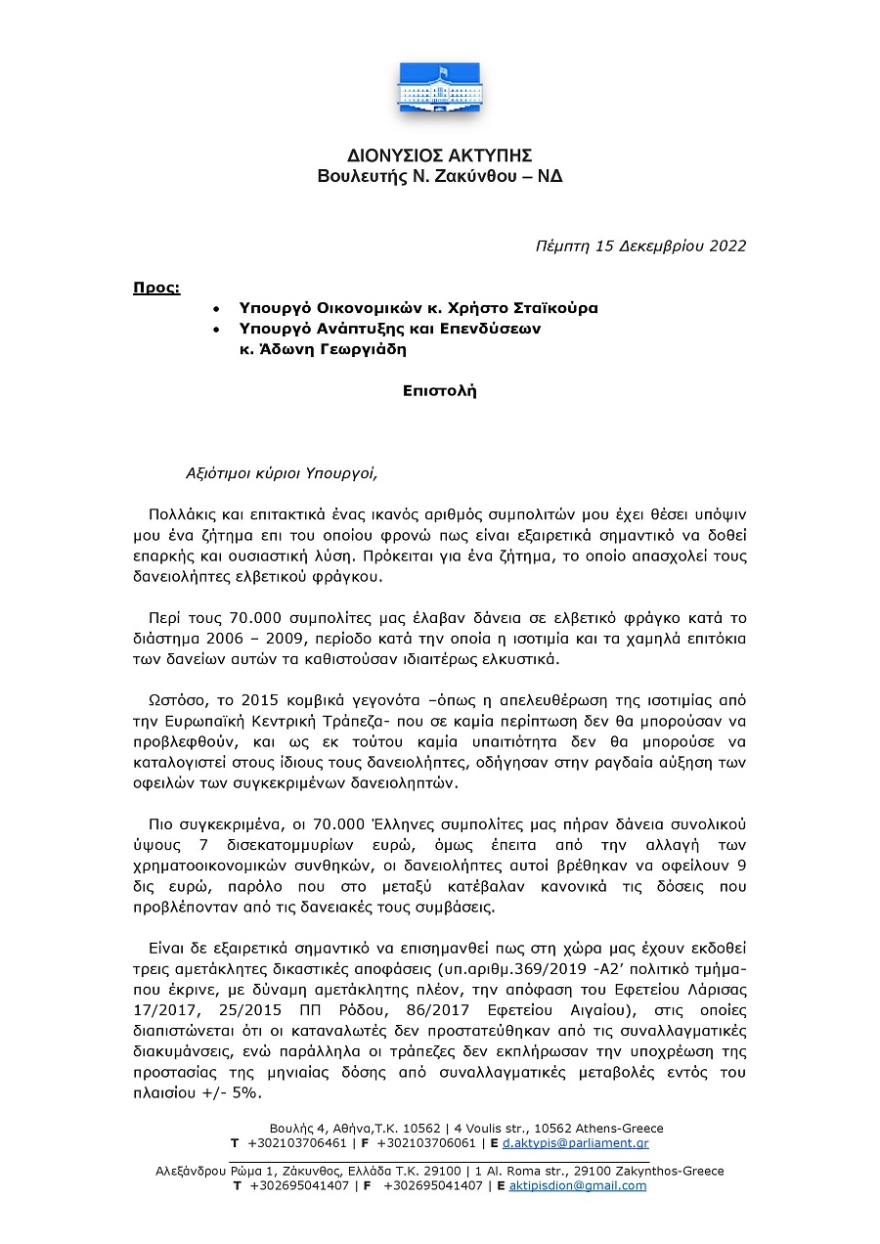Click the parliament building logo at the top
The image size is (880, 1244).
[x=439, y=87]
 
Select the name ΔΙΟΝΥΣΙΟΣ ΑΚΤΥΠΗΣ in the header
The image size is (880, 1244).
[x=439, y=156]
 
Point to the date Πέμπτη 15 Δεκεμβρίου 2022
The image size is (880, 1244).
[x=640, y=245]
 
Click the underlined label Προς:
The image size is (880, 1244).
[x=156, y=288]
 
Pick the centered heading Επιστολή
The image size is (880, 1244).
[x=439, y=390]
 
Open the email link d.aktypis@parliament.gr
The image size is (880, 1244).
[x=576, y=1143]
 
